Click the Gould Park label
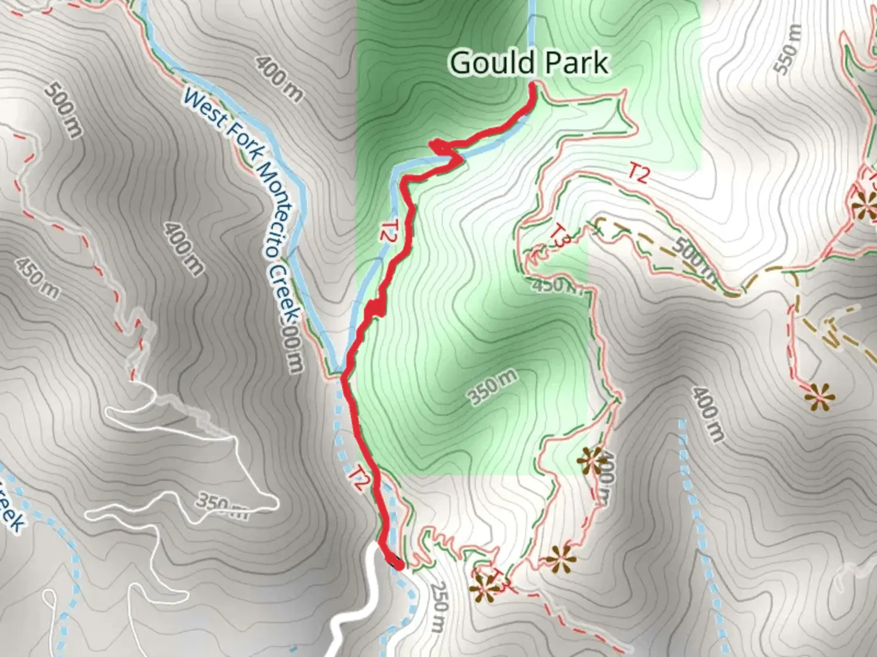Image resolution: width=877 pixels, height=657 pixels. click(529, 63)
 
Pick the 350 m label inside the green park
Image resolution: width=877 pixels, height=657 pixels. click(494, 388)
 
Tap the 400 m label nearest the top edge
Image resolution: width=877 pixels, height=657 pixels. click(278, 78)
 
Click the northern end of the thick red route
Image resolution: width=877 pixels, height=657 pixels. click(534, 85)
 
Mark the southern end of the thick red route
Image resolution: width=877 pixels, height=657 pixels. click(397, 565)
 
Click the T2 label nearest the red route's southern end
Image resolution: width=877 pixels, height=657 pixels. click(360, 478)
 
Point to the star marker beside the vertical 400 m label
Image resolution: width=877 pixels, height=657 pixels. click(590, 461)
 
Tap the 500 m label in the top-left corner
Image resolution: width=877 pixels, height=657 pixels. click(63, 109)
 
